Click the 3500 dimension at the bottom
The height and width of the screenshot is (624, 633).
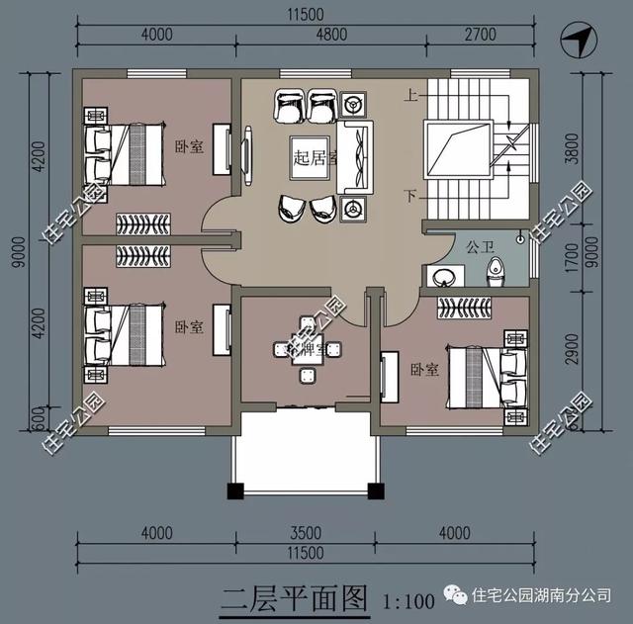point(304,534)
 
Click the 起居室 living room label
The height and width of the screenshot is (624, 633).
point(315,156)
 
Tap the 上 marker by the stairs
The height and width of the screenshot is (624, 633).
point(409,97)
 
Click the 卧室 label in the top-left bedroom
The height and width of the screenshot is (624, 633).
point(189,146)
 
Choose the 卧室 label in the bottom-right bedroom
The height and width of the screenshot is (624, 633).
point(423,370)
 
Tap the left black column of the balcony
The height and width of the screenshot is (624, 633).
point(234,490)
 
